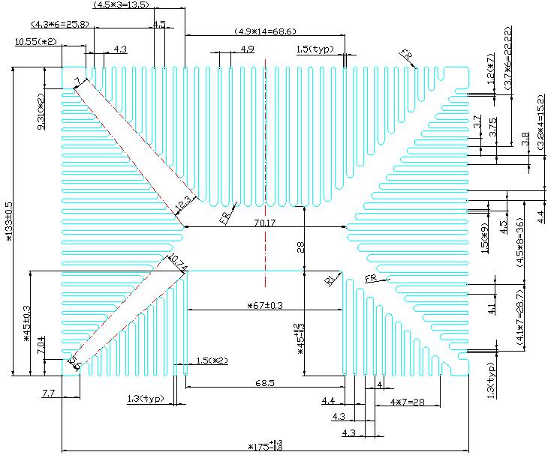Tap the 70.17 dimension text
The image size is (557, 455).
[x=264, y=222]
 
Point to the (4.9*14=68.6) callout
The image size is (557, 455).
[x=255, y=31]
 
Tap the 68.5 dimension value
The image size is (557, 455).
[x=264, y=383]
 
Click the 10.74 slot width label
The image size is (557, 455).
[x=178, y=262]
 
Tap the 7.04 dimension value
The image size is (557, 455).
[x=41, y=346]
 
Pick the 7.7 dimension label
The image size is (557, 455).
[x=49, y=393]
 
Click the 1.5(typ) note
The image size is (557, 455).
[x=315, y=49]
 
